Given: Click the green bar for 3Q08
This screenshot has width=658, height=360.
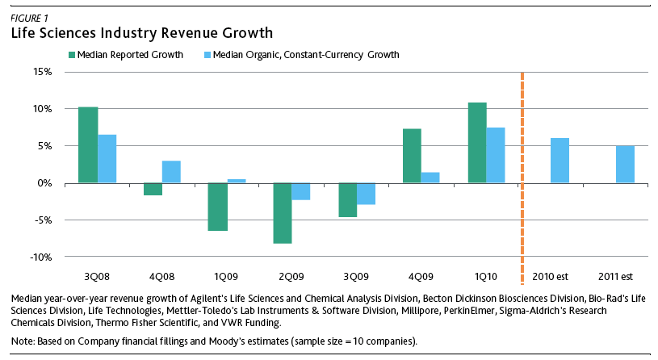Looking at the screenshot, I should point(88,145).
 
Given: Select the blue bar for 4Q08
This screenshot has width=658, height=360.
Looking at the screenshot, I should point(171,172).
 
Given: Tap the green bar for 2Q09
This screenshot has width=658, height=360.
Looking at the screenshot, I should point(283,213).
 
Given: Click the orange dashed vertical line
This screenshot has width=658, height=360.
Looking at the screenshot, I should point(523,161).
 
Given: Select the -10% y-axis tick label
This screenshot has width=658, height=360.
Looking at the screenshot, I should point(40,257).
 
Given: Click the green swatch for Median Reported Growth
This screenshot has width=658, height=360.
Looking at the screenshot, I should point(72,55).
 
